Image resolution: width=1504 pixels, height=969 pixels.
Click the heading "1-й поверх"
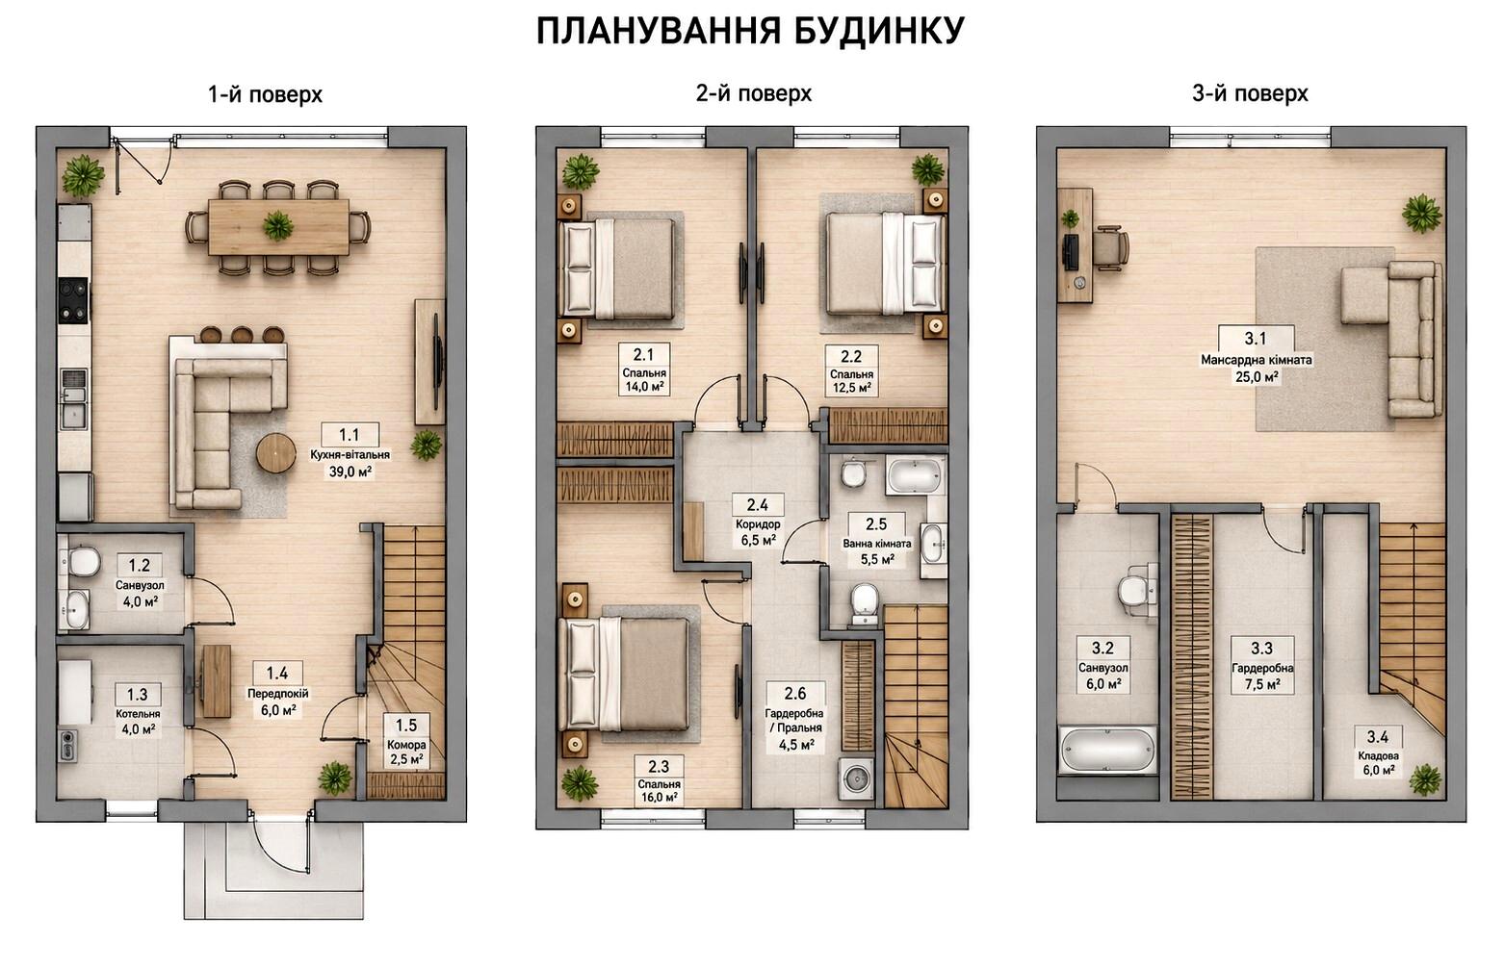[265, 94]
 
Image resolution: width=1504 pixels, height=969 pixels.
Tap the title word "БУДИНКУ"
[879, 30]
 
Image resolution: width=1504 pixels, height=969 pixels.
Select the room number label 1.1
[350, 435]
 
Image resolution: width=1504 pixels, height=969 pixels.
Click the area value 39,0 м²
[350, 472]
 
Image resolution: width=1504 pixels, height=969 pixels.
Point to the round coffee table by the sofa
[276, 453]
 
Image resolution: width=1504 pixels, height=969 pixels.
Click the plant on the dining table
[278, 225]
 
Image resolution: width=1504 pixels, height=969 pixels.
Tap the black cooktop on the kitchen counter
[73, 301]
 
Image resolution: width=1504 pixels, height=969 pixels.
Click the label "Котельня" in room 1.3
[138, 714]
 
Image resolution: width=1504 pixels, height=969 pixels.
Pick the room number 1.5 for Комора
[406, 726]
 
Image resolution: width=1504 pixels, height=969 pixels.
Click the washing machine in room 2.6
[856, 778]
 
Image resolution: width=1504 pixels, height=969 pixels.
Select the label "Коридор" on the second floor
[758, 524]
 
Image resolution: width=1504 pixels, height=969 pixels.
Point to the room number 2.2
[851, 356]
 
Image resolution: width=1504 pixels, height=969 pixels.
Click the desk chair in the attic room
[1111, 247]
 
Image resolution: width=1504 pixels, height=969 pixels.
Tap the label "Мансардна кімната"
[1257, 360]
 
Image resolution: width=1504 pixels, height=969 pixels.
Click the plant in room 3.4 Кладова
[1425, 779]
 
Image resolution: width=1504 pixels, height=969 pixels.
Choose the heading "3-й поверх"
[1250, 94]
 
